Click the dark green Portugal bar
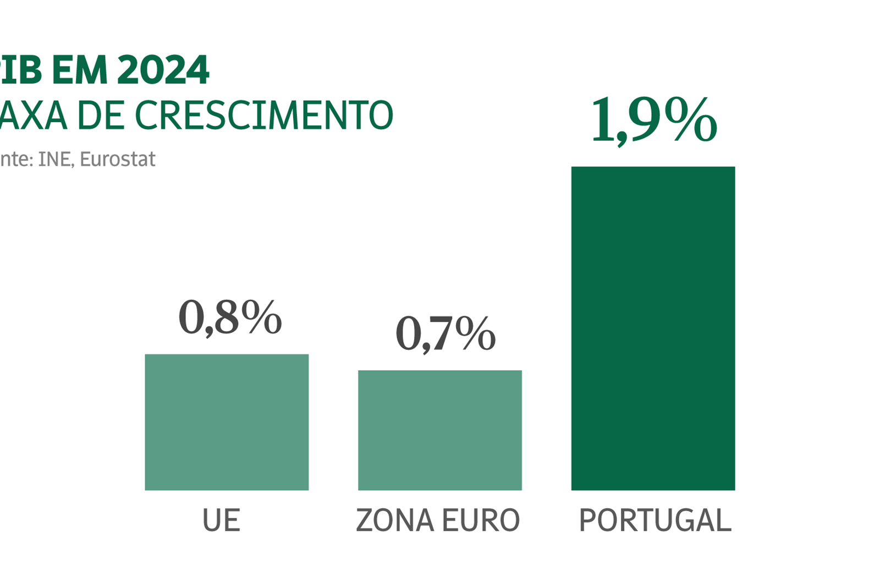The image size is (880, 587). (x=653, y=328)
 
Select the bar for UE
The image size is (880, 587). (x=227, y=422)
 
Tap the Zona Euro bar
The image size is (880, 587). (x=439, y=430)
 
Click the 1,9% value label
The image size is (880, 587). (x=653, y=119)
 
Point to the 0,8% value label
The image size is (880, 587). (x=230, y=317)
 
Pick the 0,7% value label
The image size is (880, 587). (x=445, y=333)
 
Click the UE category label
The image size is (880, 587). (x=221, y=520)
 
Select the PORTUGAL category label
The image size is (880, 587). (x=655, y=520)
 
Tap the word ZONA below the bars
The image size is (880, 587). (x=394, y=520)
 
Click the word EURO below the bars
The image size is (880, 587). (x=480, y=520)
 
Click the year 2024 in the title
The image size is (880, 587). (x=163, y=70)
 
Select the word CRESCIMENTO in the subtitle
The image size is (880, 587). (x=264, y=116)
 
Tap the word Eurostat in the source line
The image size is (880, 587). (x=117, y=160)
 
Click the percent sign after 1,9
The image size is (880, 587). (x=690, y=119)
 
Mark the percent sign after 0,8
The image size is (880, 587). (x=261, y=317)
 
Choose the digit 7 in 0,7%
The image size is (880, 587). (x=441, y=333)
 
